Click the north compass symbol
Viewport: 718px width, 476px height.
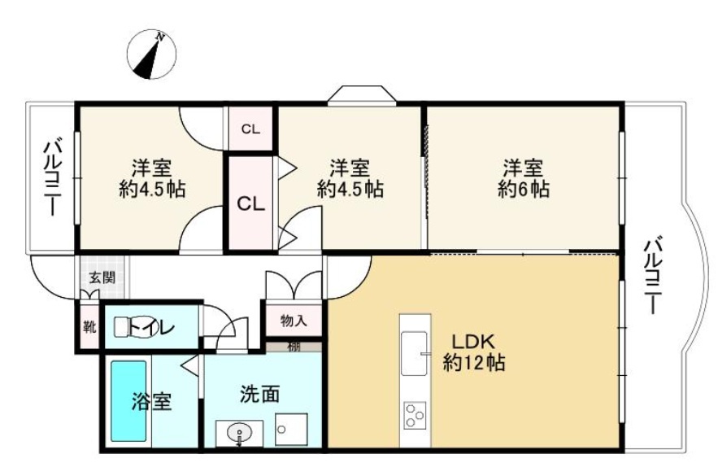pyautogui.click(x=152, y=55)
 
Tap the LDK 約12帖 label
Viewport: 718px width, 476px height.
pyautogui.click(x=474, y=352)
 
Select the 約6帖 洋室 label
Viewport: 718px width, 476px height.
pyautogui.click(x=524, y=179)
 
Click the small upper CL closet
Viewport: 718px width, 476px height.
pyautogui.click(x=250, y=129)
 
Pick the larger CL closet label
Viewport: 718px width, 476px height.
pyautogui.click(x=250, y=203)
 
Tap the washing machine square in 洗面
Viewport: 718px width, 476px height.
pyautogui.click(x=291, y=430)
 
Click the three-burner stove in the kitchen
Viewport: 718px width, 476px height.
pyautogui.click(x=415, y=415)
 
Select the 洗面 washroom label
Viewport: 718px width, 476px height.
pyautogui.click(x=260, y=395)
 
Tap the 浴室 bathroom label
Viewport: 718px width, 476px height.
pyautogui.click(x=153, y=401)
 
